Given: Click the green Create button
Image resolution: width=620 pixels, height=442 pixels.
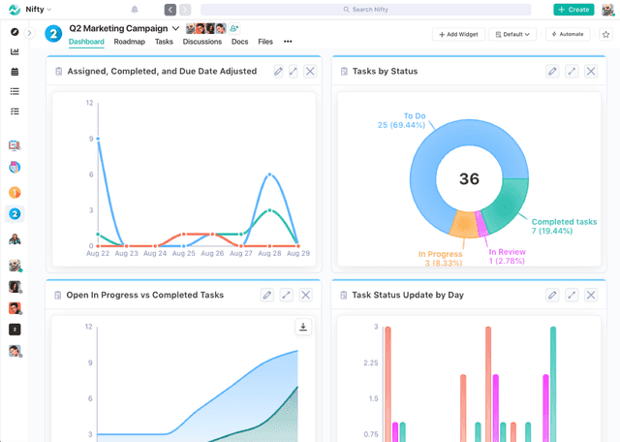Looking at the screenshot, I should (573, 10).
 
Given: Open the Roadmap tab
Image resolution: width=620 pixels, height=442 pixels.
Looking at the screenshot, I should (129, 42).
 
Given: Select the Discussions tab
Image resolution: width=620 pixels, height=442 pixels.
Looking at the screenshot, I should (201, 42).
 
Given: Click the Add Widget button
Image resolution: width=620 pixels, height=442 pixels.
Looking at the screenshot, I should (458, 34).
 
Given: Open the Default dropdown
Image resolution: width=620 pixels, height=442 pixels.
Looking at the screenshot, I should (512, 34).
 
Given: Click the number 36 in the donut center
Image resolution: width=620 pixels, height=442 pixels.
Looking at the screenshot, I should (469, 179).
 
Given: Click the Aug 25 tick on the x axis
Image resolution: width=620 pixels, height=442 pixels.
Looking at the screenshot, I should (184, 253).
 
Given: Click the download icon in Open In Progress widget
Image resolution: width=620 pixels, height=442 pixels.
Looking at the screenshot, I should (303, 328).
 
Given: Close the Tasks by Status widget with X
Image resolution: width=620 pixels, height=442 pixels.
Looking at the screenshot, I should (594, 72).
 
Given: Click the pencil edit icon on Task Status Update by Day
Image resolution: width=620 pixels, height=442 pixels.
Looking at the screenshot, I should (552, 295).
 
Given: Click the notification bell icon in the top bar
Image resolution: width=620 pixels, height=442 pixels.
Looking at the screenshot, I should (135, 10).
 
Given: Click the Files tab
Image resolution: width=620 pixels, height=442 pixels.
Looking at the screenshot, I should (264, 42).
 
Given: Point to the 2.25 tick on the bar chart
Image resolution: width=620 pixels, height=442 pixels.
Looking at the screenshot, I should (369, 363).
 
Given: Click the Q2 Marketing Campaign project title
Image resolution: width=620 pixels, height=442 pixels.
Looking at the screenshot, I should (118, 28).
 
